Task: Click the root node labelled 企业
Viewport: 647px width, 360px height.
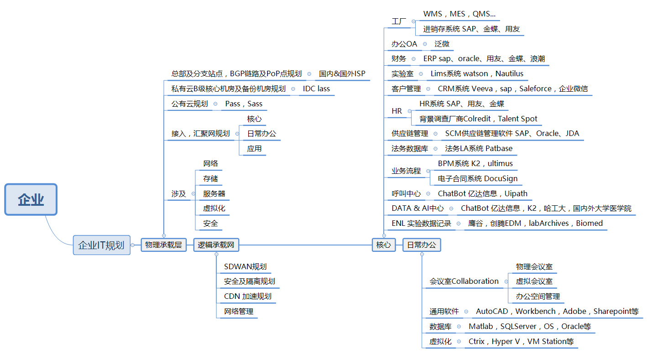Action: click(31, 199)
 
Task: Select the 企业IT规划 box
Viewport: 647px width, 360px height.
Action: click(101, 245)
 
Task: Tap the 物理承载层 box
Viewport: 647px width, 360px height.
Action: click(163, 245)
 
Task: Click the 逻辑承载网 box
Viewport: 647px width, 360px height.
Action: click(216, 245)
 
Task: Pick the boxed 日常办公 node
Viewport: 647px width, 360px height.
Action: click(422, 245)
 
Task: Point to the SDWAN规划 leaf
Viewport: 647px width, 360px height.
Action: click(245, 266)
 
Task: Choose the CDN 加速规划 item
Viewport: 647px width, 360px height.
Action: click(248, 296)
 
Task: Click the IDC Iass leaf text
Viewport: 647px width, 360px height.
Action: click(316, 89)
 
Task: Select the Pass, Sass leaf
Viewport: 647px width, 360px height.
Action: click(244, 104)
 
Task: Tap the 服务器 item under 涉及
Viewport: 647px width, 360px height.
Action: click(214, 193)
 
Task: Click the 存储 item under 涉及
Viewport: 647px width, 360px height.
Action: click(210, 178)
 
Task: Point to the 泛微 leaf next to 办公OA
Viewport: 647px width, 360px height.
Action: click(442, 44)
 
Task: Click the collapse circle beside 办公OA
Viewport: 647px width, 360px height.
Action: click(425, 44)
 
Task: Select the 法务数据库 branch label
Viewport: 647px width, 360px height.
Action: click(410, 148)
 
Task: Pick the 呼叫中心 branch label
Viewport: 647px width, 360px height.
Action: click(406, 193)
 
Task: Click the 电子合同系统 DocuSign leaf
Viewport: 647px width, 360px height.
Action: click(477, 178)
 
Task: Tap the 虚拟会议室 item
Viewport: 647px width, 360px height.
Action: click(534, 281)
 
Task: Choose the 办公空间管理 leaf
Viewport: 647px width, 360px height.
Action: click(538, 296)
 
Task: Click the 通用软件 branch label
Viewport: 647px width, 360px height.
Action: click(444, 311)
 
